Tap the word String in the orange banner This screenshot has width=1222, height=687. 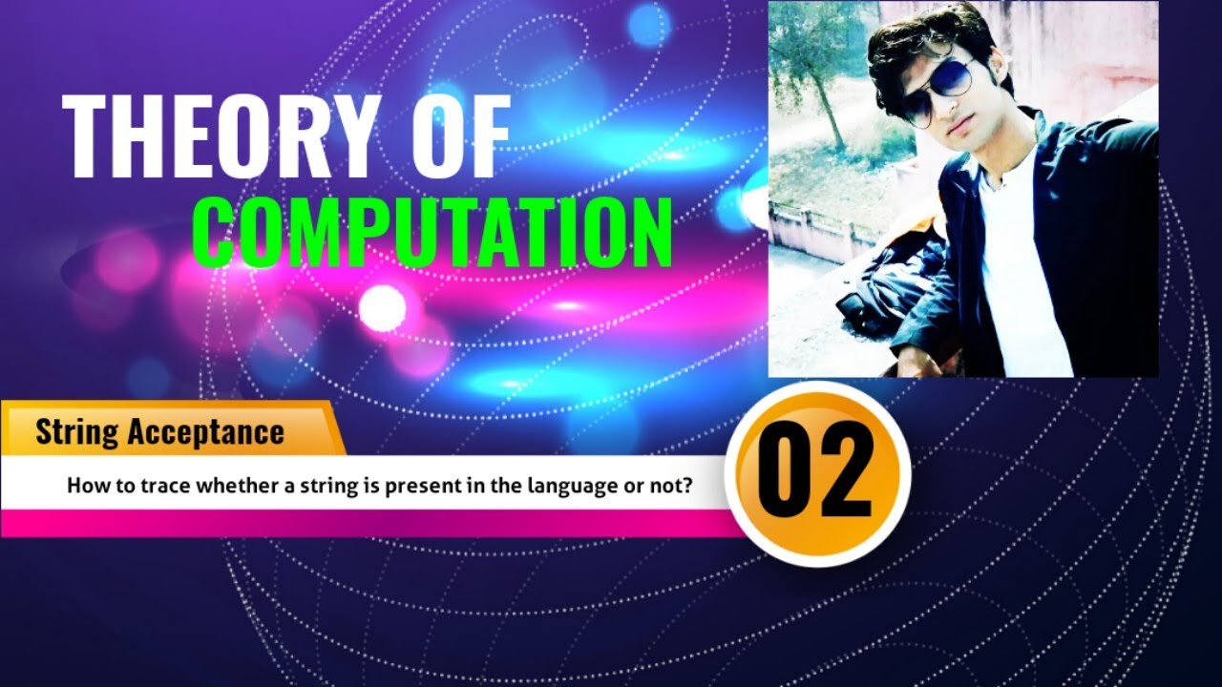coord(76,432)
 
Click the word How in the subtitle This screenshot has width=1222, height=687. coord(82,486)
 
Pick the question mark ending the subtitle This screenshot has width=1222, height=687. coord(686,486)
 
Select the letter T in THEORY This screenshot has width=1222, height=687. coord(86,138)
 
